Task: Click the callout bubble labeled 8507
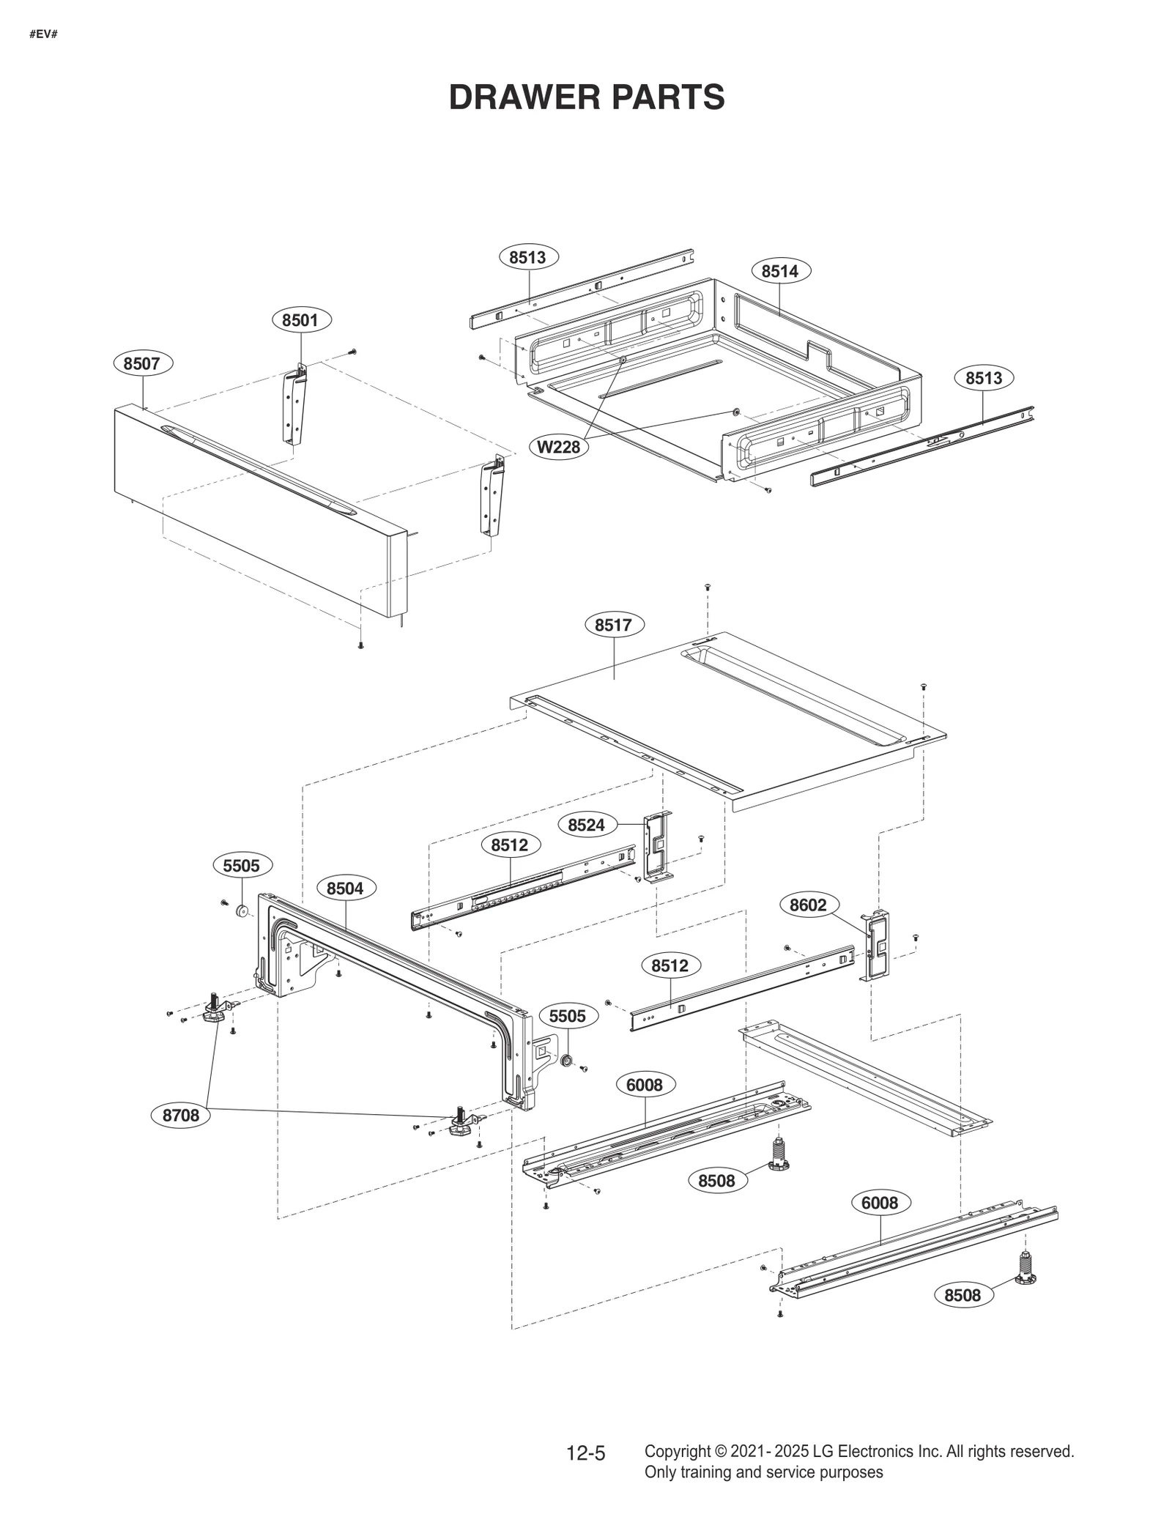(143, 363)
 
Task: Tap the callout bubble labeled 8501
(301, 320)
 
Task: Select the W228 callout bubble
(559, 446)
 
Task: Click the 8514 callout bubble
(779, 271)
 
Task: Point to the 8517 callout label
(614, 625)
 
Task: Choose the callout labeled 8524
(586, 825)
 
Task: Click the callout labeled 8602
(808, 905)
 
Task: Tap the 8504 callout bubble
(345, 889)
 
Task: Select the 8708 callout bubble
(180, 1116)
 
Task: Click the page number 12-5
(585, 1453)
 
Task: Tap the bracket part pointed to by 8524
(657, 847)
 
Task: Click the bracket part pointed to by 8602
(878, 946)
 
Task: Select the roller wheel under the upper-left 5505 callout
(241, 912)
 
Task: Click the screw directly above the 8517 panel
(708, 587)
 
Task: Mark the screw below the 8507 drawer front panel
(360, 645)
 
